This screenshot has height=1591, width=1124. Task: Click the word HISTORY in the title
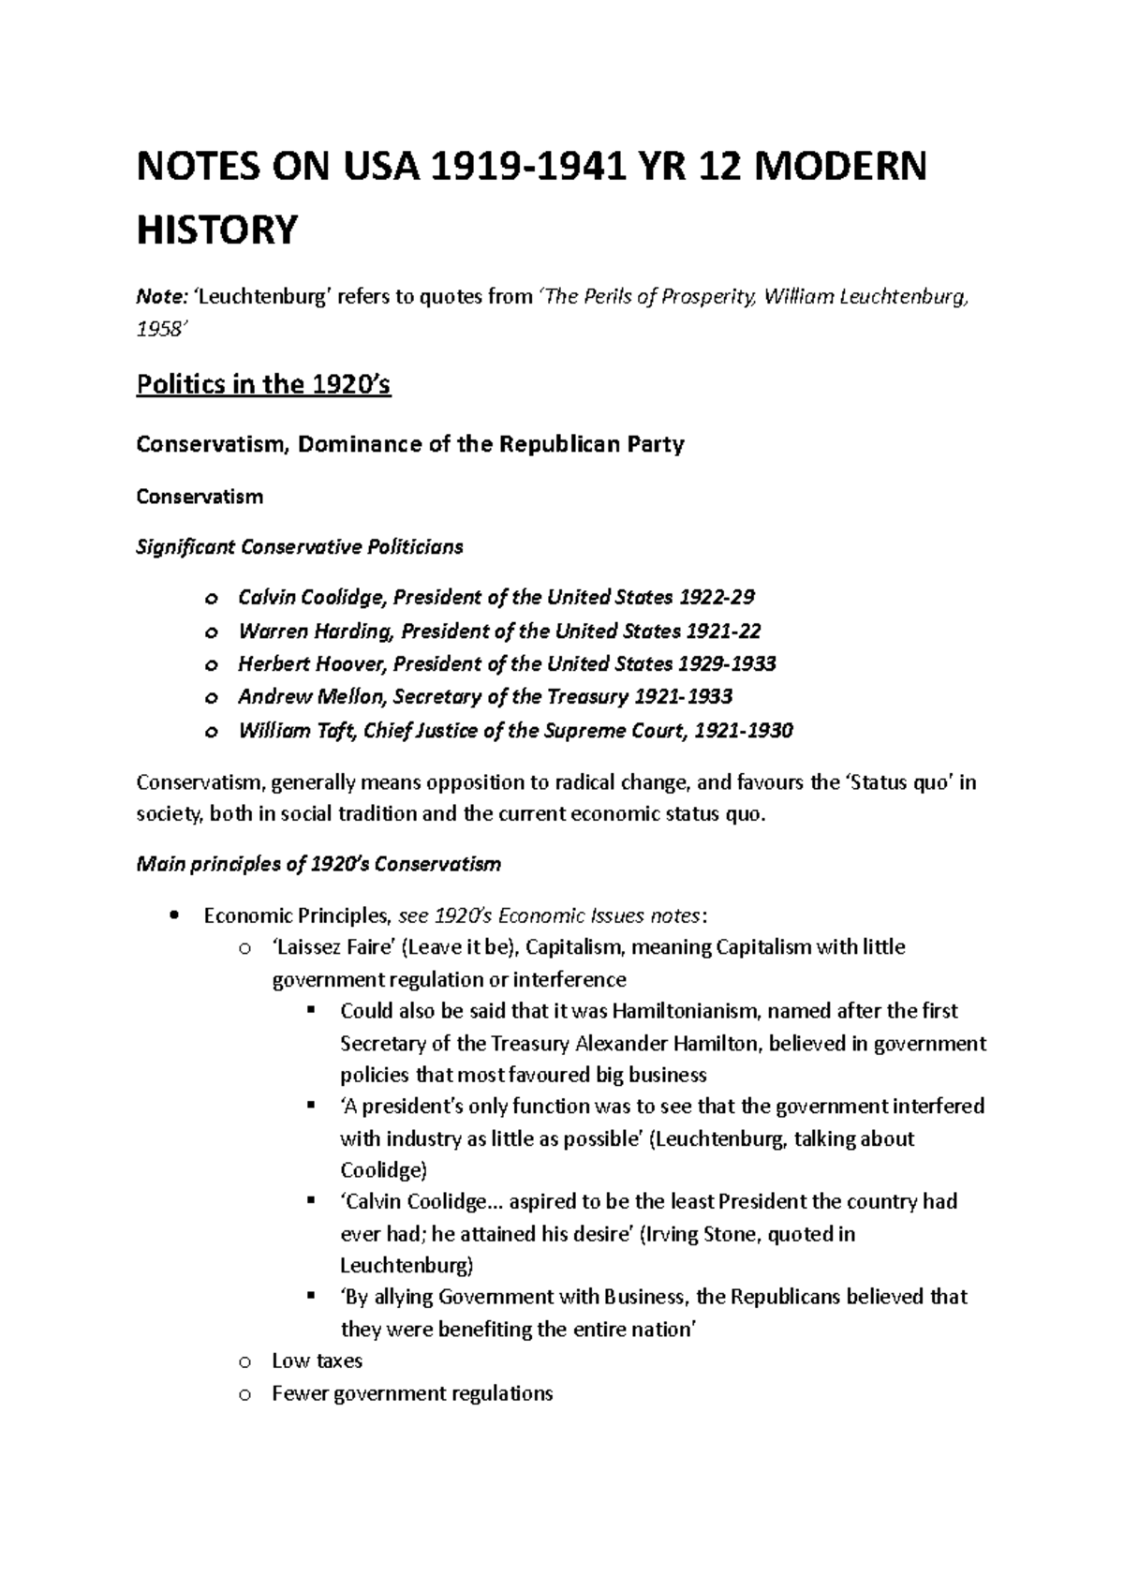pos(217,230)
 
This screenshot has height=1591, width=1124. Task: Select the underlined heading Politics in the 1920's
pos(263,385)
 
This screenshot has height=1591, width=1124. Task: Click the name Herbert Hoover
pos(311,664)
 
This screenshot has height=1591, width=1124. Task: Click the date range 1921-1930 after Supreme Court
pos(744,731)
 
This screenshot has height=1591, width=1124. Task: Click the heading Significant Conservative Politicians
pos(300,547)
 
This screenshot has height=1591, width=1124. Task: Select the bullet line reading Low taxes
pos(317,1361)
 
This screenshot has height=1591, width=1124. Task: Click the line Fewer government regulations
pos(412,1393)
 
